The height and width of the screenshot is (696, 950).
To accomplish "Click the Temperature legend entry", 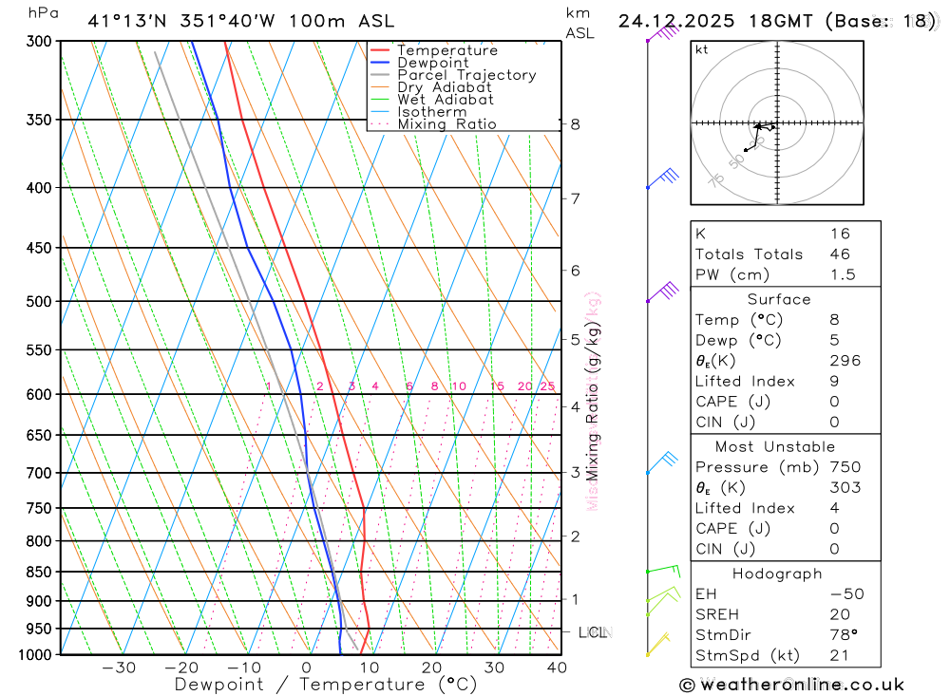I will point(446,50).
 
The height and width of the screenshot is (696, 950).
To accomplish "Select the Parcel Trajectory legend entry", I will point(466,75).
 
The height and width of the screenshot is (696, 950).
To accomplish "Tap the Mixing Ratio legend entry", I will point(446,124).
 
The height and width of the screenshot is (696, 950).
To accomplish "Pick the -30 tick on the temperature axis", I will point(119,668).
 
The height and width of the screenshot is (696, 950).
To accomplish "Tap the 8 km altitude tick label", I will point(575,124).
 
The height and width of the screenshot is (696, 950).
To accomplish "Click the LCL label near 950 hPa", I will point(593,632).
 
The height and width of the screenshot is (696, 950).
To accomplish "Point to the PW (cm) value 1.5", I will point(842,274).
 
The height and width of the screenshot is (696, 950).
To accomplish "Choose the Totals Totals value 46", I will point(839,254).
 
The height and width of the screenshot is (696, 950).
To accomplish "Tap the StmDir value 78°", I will point(842,634).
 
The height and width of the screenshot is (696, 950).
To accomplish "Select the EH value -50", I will point(846,593).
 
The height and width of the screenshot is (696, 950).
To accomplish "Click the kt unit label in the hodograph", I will point(702,49).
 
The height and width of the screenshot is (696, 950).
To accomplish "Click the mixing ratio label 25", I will point(547,386).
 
